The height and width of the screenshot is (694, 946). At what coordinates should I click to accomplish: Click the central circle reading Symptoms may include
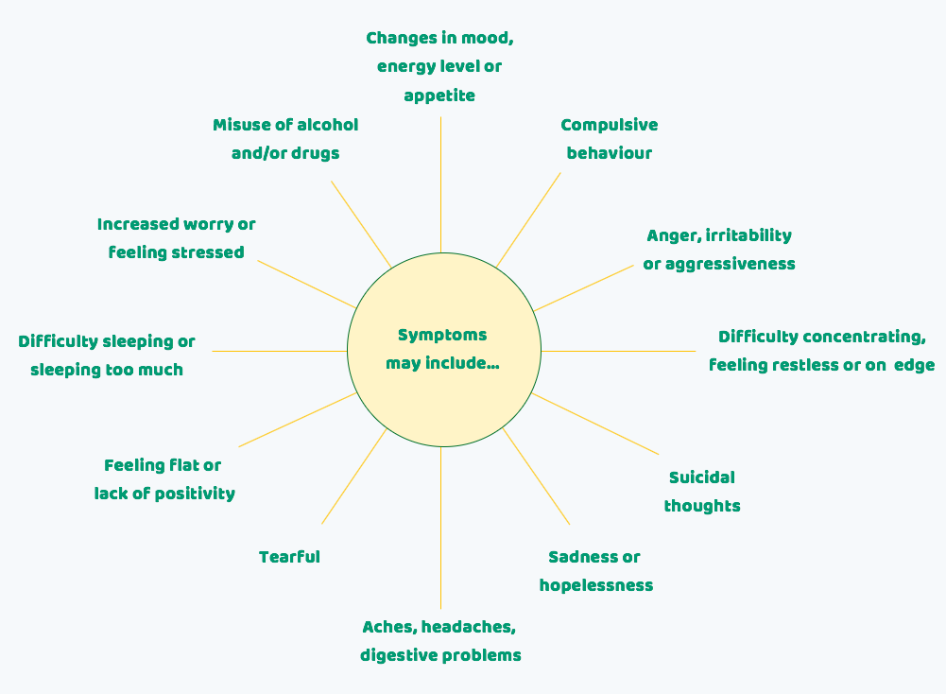click(443, 350)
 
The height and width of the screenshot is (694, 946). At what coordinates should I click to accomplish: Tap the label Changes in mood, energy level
click(439, 53)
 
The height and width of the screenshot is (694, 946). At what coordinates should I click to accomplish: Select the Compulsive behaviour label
click(609, 139)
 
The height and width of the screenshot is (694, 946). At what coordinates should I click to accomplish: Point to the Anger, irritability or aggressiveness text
click(718, 250)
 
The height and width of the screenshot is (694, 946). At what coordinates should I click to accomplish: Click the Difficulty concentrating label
click(821, 351)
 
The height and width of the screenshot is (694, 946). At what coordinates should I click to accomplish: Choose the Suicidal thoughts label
click(701, 492)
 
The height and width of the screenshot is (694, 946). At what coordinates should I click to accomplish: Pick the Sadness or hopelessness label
click(595, 571)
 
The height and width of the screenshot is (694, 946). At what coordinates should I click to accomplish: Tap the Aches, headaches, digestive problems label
click(439, 641)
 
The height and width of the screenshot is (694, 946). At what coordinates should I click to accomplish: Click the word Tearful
click(289, 557)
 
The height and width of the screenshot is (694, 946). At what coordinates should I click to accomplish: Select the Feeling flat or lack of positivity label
click(164, 479)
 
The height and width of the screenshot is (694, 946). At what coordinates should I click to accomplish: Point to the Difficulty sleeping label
click(107, 356)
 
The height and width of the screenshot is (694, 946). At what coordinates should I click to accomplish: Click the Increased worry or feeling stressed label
click(176, 238)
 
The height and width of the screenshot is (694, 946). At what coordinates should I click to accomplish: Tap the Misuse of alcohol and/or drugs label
click(285, 139)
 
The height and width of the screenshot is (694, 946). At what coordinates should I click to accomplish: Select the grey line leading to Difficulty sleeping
click(279, 351)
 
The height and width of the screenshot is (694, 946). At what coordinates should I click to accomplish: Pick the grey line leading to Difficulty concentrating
click(619, 351)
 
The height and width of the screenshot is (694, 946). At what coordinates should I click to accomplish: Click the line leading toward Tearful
click(353, 477)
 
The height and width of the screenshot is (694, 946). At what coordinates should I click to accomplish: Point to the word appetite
click(439, 95)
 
